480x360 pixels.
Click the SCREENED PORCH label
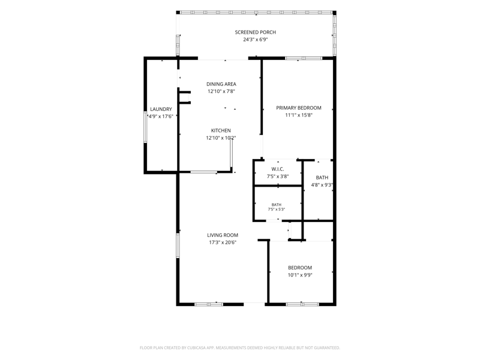click(256, 32)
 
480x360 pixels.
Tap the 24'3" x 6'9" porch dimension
click(256, 40)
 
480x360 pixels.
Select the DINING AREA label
click(221, 84)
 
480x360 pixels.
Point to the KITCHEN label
click(221, 130)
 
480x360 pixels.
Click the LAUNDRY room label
click(161, 109)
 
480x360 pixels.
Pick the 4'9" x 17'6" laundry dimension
click(161, 116)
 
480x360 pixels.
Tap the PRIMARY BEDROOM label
click(299, 108)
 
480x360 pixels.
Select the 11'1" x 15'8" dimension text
click(299, 115)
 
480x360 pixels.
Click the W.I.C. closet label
click(278, 169)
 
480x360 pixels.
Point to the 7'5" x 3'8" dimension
click(278, 176)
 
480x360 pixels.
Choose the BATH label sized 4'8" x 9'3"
click(322, 178)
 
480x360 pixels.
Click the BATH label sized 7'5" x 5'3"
click(277, 205)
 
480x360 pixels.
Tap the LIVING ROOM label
click(223, 235)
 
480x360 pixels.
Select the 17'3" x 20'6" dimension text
click(223, 242)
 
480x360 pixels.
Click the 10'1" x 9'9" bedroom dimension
click(300, 275)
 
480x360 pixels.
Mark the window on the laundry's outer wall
click(145, 127)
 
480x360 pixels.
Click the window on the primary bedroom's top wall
click(304, 58)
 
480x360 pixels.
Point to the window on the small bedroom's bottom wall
click(302, 304)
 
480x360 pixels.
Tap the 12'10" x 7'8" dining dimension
click(221, 91)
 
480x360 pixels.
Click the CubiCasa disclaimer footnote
click(240, 348)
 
